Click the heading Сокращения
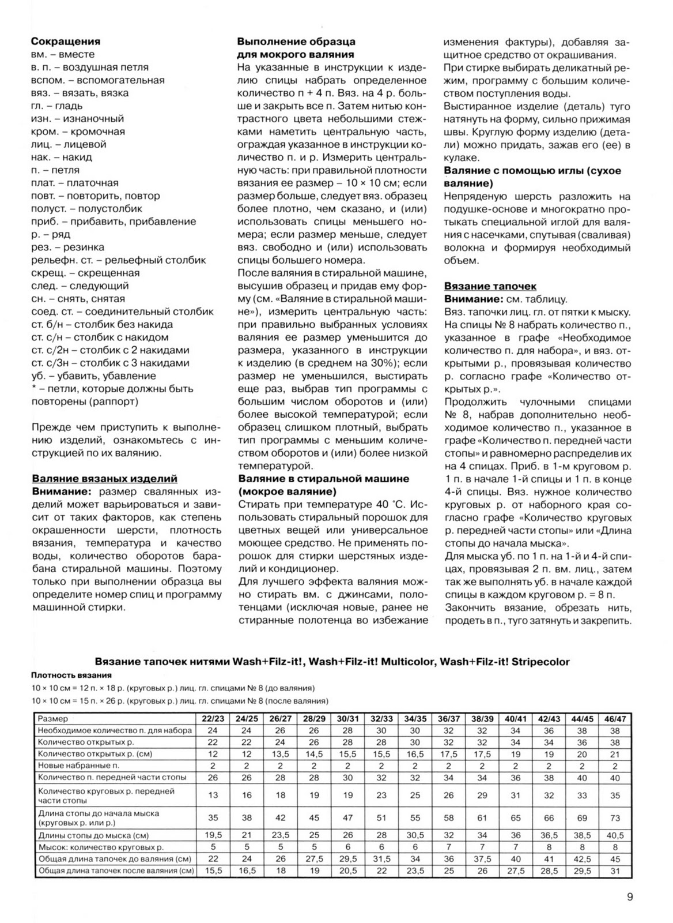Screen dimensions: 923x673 [x=66, y=42]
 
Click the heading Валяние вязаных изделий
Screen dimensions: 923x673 [x=104, y=479]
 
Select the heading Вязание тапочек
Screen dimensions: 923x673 [x=490, y=286]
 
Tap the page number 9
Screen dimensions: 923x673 [x=630, y=897]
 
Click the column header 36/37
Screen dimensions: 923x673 [x=449, y=719]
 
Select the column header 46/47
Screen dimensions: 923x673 [x=615, y=719]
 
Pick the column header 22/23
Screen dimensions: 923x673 [x=213, y=719]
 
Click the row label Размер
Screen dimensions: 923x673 [x=53, y=719]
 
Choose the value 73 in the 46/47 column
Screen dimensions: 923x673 [x=615, y=818]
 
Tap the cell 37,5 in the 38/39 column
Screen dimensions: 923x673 [x=482, y=859]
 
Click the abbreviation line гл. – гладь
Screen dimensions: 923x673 [x=56, y=106]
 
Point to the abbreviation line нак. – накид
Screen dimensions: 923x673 [x=61, y=157]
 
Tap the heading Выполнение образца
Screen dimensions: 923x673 [x=296, y=42]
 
